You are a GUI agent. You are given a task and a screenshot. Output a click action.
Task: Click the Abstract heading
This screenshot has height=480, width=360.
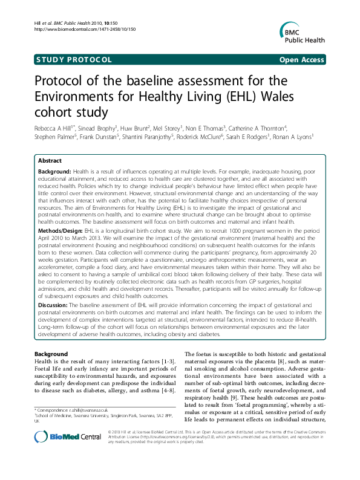coord(50,161)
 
